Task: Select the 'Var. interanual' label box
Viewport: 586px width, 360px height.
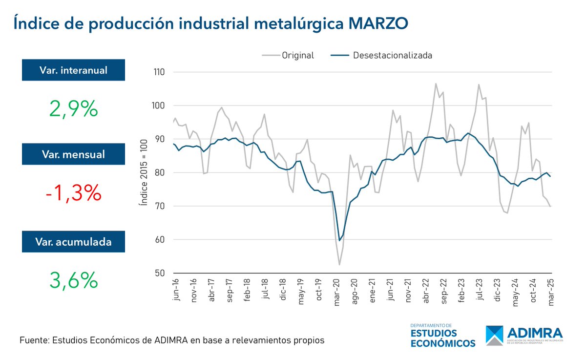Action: click(73, 70)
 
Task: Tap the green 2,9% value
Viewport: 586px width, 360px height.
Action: click(74, 108)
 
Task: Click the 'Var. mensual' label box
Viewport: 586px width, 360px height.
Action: click(73, 154)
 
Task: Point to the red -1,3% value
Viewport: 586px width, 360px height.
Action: click(74, 194)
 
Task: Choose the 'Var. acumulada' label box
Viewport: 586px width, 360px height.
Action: click(73, 241)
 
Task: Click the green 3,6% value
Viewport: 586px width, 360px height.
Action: click(74, 280)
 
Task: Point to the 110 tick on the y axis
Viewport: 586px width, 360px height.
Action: click(158, 72)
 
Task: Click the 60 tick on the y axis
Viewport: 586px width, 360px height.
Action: click(160, 240)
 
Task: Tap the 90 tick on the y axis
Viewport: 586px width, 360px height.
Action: click(160, 139)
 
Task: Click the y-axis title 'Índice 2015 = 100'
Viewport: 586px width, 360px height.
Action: click(143, 172)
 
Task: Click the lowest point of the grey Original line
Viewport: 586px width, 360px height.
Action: click(339, 265)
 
